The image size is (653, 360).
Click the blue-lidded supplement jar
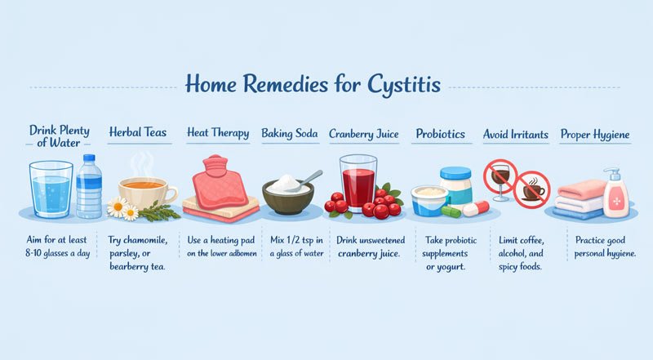pyautogui.click(x=455, y=186)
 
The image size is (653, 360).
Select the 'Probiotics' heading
pyautogui.click(x=441, y=133)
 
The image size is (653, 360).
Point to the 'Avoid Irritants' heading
pyautogui.click(x=516, y=133)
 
